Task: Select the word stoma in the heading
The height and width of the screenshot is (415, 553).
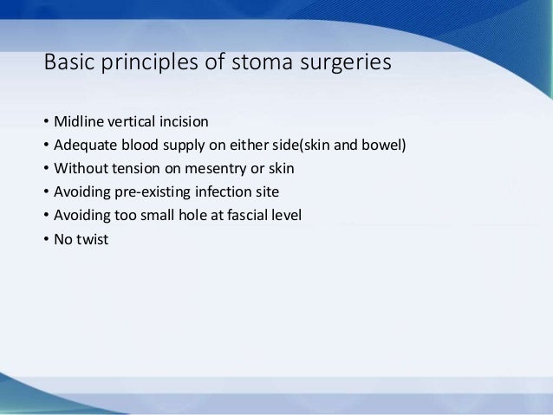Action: click(x=238, y=65)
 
